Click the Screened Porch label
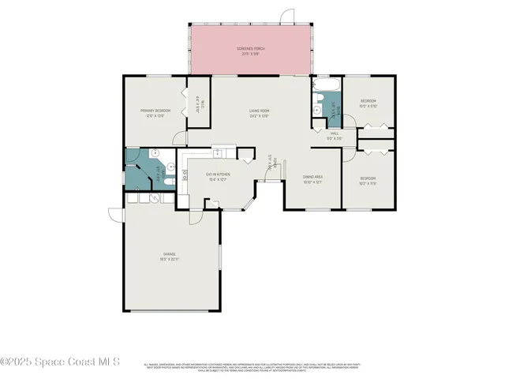click(251, 51)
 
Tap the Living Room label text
click(260, 113)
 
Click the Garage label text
click(170, 256)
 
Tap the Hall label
click(334, 135)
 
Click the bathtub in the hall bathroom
click(325, 85)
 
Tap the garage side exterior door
click(116, 213)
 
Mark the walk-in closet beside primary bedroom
click(198, 103)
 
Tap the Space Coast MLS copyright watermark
click(60, 362)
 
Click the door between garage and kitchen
click(211, 204)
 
